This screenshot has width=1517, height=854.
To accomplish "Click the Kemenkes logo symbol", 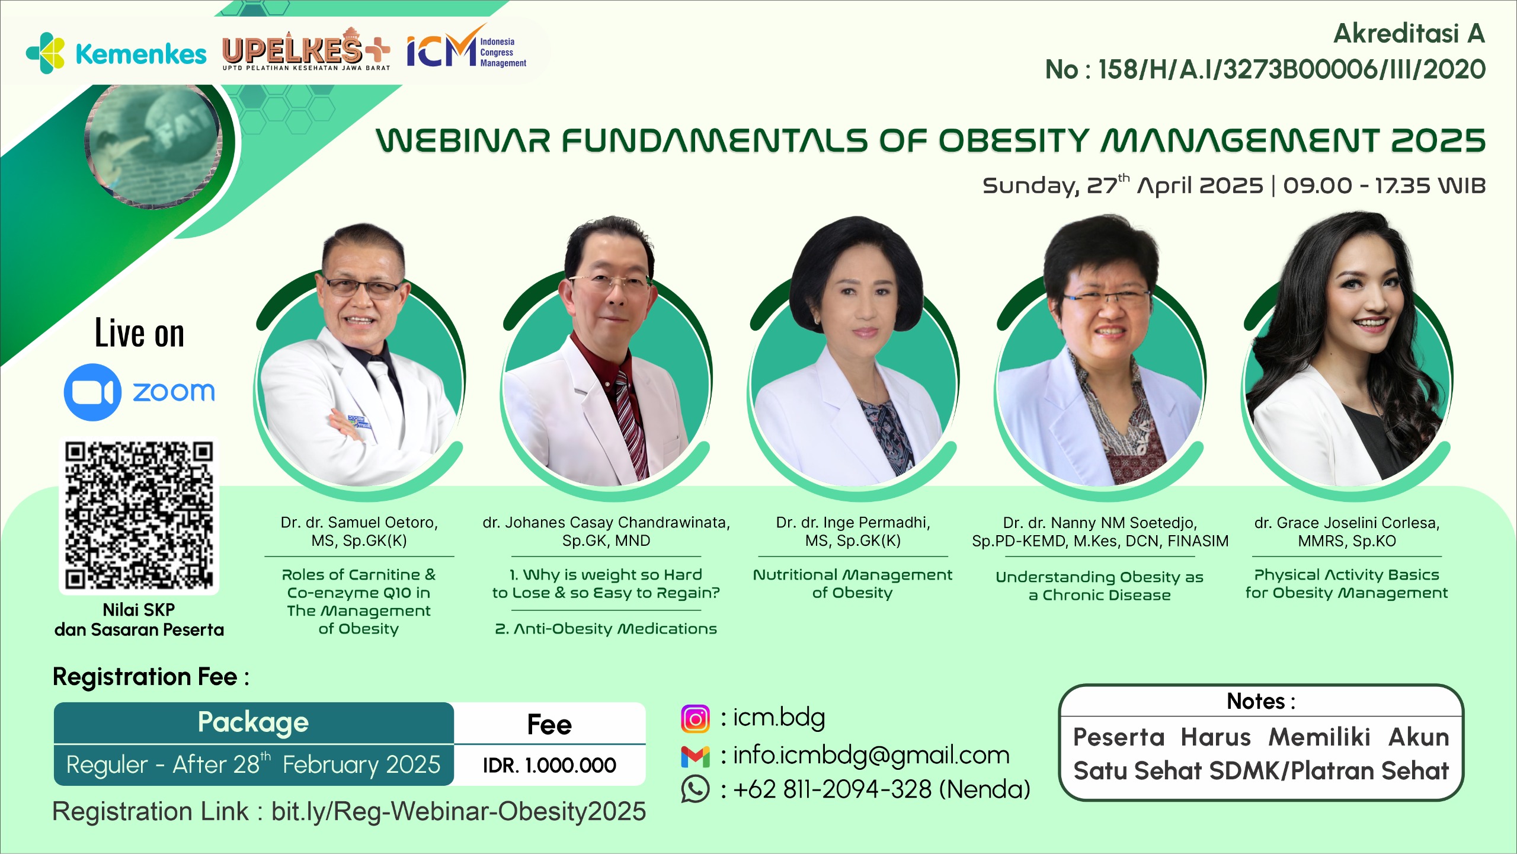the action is (46, 53).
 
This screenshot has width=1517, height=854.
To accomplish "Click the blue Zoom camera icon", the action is (92, 392).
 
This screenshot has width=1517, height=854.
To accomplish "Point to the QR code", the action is (139, 516).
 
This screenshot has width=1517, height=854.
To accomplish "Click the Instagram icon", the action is (695, 719).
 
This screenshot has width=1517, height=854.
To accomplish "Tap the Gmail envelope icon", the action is (695, 756).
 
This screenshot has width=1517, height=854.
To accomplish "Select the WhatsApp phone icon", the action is (695, 789).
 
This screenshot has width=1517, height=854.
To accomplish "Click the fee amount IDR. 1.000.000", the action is (549, 765).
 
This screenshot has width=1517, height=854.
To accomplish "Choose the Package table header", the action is (254, 722).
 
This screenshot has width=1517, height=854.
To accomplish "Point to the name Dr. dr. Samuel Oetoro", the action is (359, 523).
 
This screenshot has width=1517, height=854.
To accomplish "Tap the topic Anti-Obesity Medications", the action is (606, 629).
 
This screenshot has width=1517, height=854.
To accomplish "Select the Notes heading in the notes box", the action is (1261, 702).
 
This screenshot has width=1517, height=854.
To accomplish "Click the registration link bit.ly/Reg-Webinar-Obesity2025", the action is (459, 811).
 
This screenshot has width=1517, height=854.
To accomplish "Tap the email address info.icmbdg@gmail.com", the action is (871, 755).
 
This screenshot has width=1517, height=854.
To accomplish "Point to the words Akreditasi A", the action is (1409, 33).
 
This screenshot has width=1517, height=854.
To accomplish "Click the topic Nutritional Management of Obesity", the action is (853, 584).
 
